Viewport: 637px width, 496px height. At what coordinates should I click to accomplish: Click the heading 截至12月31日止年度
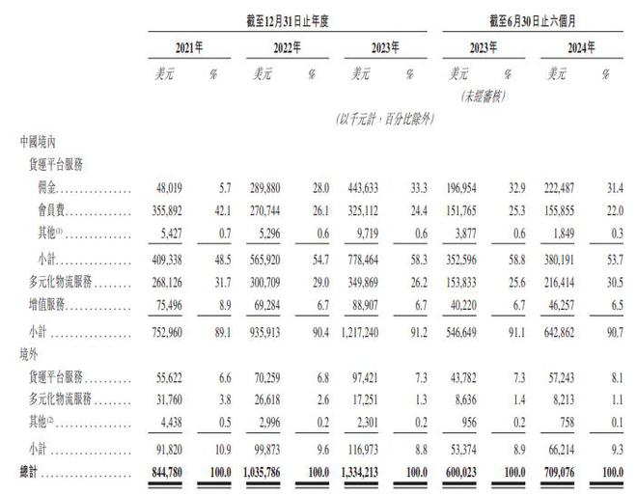click(294, 18)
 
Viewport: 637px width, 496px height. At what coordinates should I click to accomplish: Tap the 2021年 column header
click(188, 46)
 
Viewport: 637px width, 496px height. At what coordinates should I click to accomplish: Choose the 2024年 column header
click(580, 46)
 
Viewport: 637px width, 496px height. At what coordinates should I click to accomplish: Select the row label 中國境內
click(44, 141)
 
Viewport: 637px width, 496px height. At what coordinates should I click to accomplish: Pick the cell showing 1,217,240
click(367, 333)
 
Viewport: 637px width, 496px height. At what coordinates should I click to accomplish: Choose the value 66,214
click(569, 451)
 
